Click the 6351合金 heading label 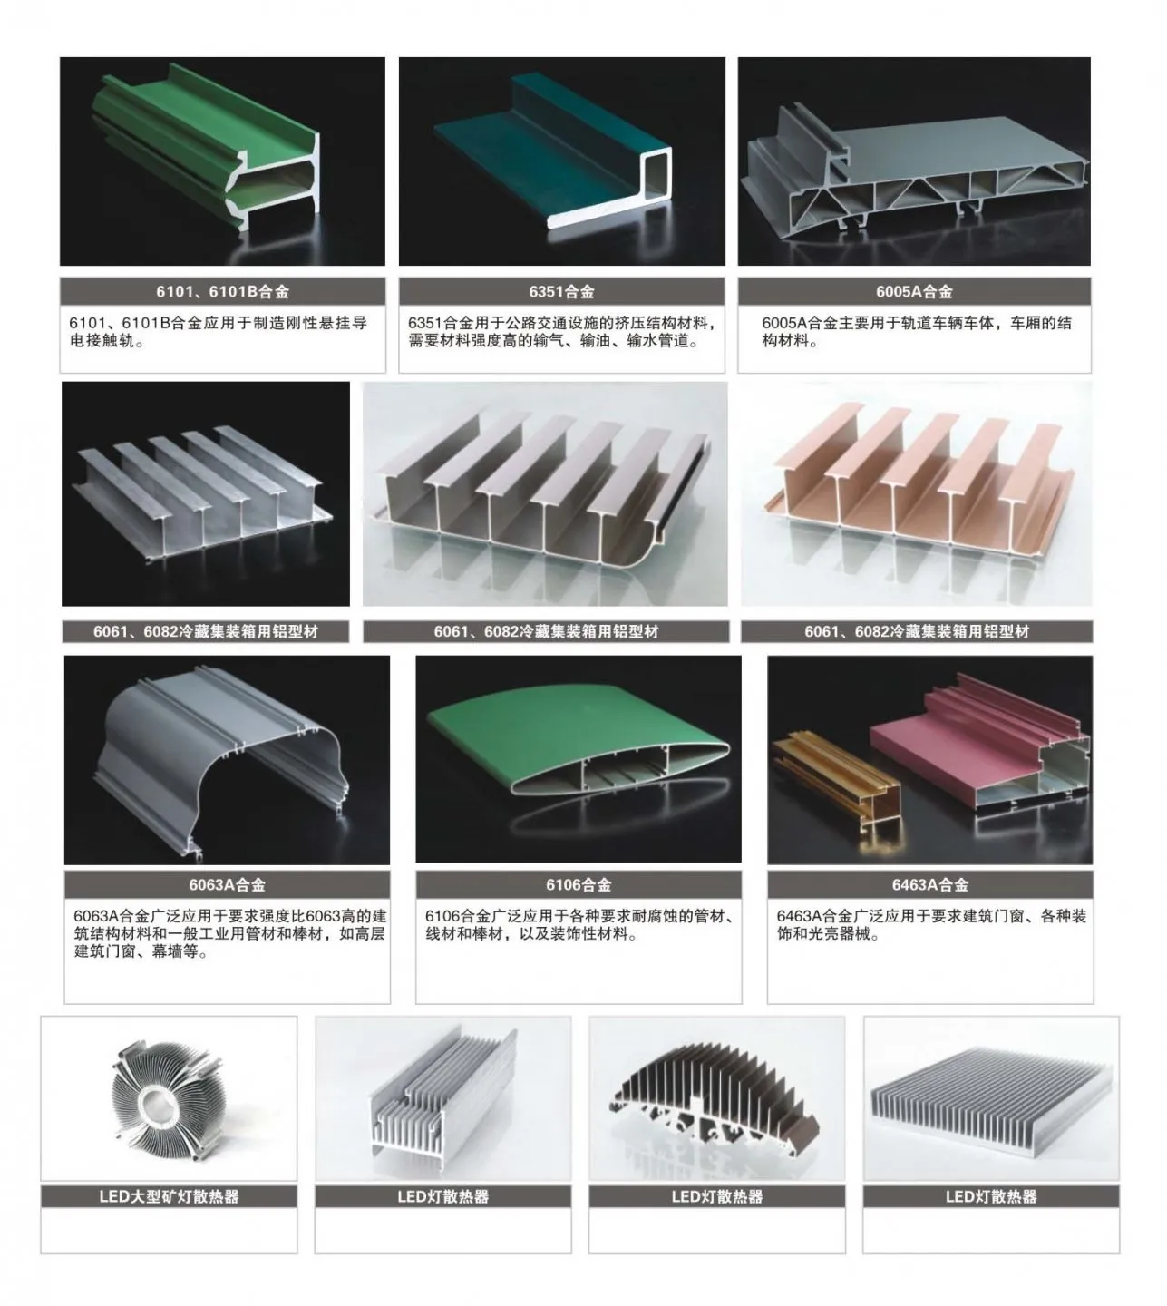tap(561, 292)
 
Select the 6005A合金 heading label tap(914, 292)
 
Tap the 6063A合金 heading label tap(227, 884)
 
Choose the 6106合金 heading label tap(579, 884)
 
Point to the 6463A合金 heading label tap(929, 884)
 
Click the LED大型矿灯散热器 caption tap(169, 1196)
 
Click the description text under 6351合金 tap(561, 333)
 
